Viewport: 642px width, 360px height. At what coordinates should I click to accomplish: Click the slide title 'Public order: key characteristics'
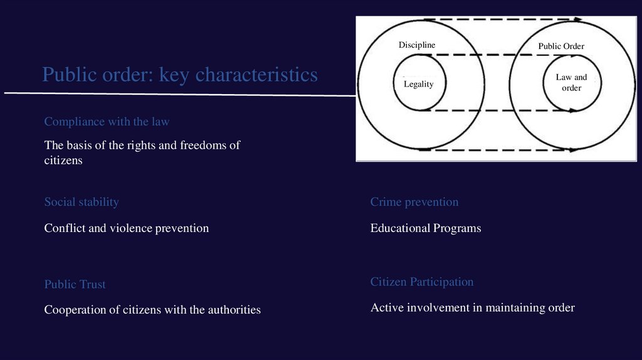tap(180, 75)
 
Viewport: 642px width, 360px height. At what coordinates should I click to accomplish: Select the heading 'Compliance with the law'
tap(107, 122)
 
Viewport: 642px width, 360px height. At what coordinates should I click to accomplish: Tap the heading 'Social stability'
tap(82, 202)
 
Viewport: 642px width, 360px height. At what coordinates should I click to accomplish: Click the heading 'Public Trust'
tap(75, 285)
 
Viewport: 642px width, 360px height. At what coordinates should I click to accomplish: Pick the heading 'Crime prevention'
tap(414, 202)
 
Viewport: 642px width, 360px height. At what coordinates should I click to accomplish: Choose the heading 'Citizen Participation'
tap(421, 282)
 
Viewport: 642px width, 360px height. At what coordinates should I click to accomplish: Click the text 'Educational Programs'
tap(426, 228)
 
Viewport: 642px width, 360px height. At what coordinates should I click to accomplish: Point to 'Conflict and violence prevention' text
tap(126, 228)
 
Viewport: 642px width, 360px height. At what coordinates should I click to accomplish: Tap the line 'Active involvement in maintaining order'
tap(472, 308)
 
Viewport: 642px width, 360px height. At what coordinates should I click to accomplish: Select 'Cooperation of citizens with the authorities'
tap(152, 310)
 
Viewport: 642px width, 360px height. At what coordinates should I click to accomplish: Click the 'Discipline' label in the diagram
tap(416, 45)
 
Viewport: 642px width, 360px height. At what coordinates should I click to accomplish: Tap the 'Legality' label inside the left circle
tap(418, 84)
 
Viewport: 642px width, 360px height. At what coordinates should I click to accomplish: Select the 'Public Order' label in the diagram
tap(560, 46)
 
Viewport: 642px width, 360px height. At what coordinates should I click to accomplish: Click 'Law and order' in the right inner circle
tap(571, 83)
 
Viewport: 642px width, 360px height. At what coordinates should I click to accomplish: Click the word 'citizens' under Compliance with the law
tap(63, 161)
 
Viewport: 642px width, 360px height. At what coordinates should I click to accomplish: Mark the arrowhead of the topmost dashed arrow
tap(577, 19)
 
